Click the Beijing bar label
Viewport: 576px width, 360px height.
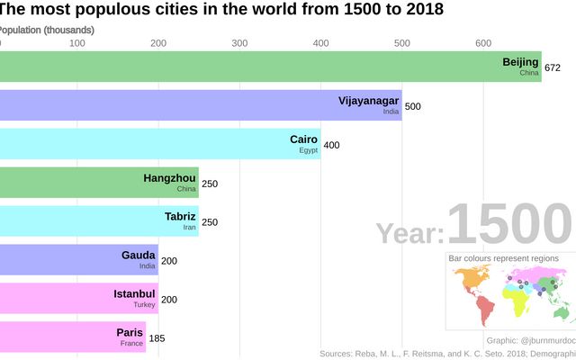tap(520, 62)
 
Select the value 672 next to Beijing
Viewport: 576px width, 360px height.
tap(553, 67)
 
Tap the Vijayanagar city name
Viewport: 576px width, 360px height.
tap(368, 100)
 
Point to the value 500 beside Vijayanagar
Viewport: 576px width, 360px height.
tap(412, 106)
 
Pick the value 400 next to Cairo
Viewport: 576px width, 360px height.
tap(331, 145)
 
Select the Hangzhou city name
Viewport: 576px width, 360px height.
tap(169, 178)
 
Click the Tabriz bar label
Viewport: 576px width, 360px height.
tap(180, 216)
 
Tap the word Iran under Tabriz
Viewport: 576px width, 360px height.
tap(189, 228)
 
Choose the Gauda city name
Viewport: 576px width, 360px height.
tap(139, 255)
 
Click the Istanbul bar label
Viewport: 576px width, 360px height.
tap(135, 293)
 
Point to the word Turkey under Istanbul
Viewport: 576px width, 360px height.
tap(144, 305)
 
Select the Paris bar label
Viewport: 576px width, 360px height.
tap(130, 332)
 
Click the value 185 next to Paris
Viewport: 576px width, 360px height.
tap(157, 338)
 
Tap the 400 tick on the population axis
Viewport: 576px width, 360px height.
tap(320, 43)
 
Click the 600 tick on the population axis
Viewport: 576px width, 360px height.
tap(483, 43)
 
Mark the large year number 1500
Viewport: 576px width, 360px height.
tap(508, 225)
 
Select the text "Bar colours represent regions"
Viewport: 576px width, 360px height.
tap(503, 258)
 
